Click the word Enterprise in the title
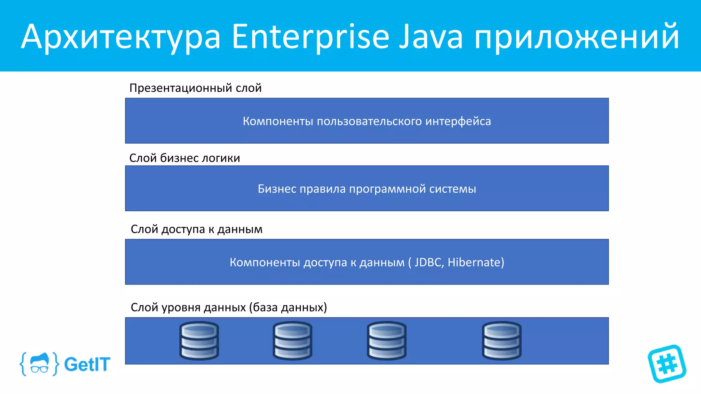[x=310, y=37]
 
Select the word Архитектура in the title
[x=121, y=37]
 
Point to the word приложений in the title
[x=576, y=37]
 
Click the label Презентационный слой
[x=195, y=88]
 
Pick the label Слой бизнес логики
[x=184, y=158]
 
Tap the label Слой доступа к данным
[x=196, y=229]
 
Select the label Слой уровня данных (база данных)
[x=229, y=307]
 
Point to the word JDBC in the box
[x=429, y=262]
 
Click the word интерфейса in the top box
[x=458, y=121]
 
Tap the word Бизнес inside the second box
[x=277, y=189]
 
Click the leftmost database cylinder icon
[x=199, y=341]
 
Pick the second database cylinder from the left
[x=293, y=341]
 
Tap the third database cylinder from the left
[x=387, y=341]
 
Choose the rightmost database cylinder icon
[x=502, y=341]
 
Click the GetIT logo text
[x=87, y=364]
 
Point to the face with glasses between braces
[x=40, y=364]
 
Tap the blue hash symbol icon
[x=667, y=364]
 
